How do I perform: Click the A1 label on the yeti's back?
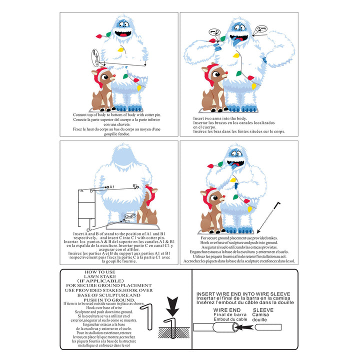(112, 186)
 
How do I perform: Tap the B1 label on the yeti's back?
(135, 185)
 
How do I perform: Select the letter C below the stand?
(88, 229)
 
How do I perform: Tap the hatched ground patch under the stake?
(173, 331)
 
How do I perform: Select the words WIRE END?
(221, 310)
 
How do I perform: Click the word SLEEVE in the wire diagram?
(263, 310)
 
